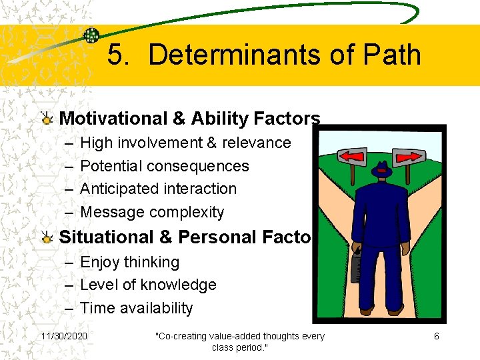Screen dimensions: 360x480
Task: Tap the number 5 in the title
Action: pyautogui.click(x=117, y=55)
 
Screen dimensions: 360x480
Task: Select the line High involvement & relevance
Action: pyautogui.click(x=185, y=143)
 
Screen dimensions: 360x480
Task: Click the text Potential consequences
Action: pyautogui.click(x=164, y=166)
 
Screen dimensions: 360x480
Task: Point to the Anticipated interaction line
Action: pyautogui.click(x=158, y=189)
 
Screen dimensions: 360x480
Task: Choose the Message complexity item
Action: pyautogui.click(x=152, y=212)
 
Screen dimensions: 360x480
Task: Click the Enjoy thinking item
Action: pyautogui.click(x=129, y=262)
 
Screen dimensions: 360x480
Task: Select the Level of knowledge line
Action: pyautogui.click(x=148, y=285)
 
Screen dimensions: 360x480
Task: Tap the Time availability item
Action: pyautogui.click(x=136, y=308)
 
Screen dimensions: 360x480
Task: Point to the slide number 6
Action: pyautogui.click(x=437, y=336)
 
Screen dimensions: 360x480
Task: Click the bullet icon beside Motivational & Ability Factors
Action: pyautogui.click(x=46, y=119)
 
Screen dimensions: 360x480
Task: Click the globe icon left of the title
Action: pyautogui.click(x=91, y=35)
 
